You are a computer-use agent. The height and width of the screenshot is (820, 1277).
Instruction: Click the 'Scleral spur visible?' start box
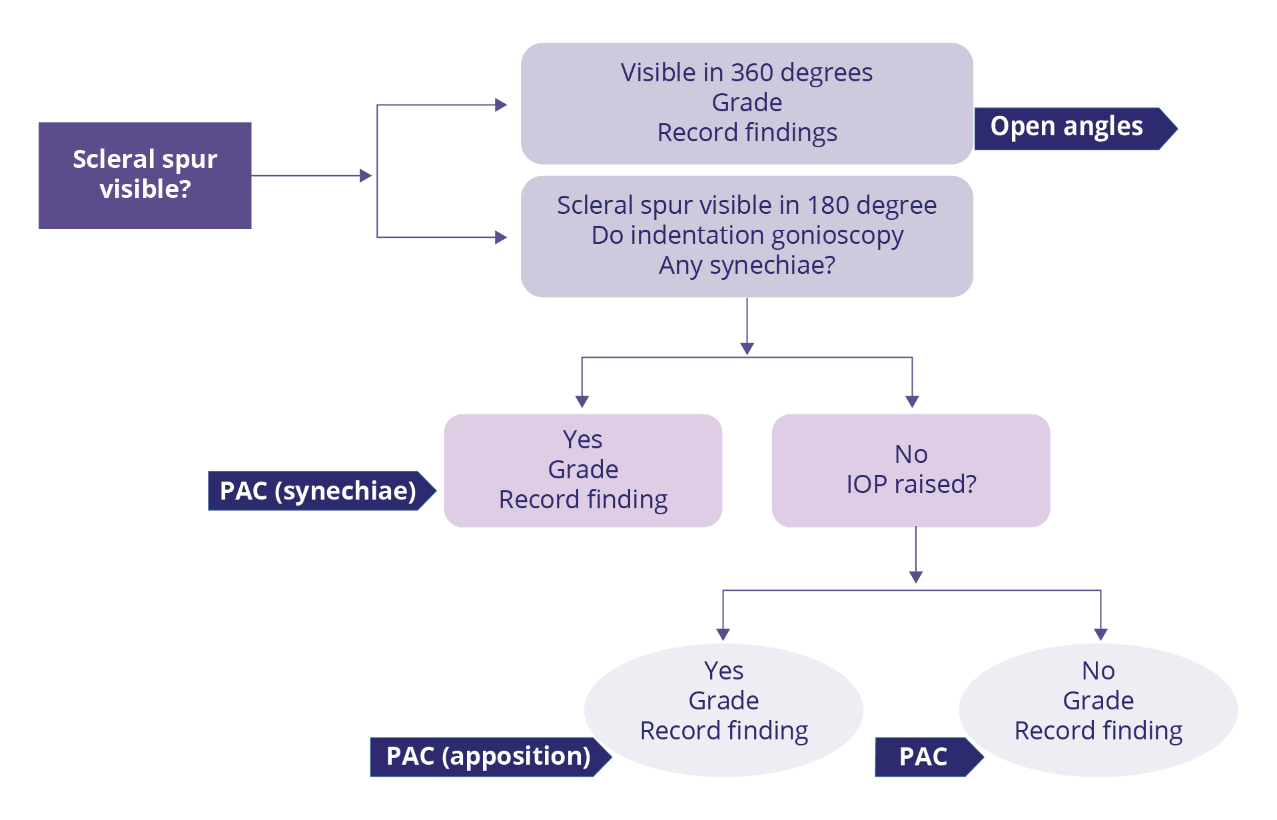point(145,175)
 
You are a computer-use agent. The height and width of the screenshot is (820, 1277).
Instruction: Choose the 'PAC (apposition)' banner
point(488,757)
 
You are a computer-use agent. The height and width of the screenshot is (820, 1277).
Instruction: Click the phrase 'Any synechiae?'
point(747,265)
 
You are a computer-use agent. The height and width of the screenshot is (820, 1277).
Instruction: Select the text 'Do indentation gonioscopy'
point(747,235)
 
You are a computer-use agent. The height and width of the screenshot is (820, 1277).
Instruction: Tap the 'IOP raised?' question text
point(911,484)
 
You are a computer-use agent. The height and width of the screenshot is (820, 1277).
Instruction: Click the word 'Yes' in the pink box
point(582,440)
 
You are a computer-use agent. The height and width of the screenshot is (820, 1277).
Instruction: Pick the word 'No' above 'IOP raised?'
point(911,454)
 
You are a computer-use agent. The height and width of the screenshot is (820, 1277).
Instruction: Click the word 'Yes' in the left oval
point(723,671)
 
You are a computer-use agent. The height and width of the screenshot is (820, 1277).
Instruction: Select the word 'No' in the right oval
point(1098,671)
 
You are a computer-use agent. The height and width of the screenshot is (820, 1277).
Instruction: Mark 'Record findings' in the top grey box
point(747,133)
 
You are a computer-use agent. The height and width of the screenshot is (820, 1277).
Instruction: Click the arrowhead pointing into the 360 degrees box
point(501,105)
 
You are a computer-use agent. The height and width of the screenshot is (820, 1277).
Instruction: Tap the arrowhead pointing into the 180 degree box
point(501,237)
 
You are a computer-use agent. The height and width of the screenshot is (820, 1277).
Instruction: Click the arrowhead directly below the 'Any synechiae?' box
point(747,348)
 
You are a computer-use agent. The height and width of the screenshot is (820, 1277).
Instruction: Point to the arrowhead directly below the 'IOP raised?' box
point(916,577)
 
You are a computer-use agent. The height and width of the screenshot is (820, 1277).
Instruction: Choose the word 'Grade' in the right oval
point(1098,701)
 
